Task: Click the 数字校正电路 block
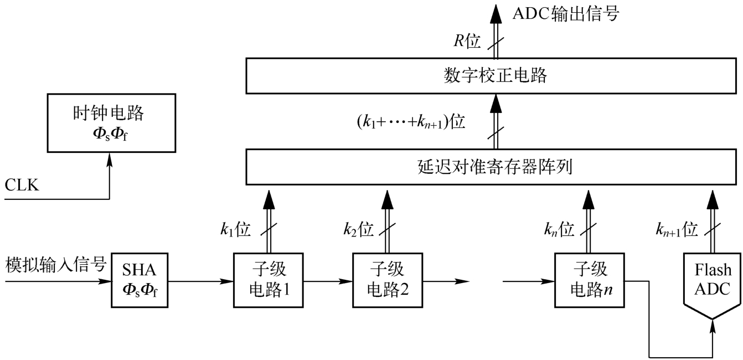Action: [x=494, y=76]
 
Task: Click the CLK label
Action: [x=22, y=185]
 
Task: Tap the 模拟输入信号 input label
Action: [x=55, y=265]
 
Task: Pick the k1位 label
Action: [x=235, y=229]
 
